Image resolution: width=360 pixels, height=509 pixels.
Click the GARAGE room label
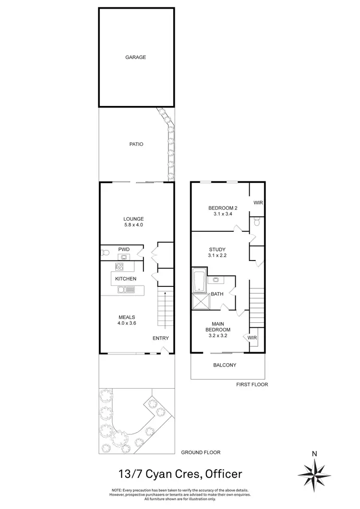[x=135, y=57]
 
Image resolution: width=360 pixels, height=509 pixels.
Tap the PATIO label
[x=135, y=144]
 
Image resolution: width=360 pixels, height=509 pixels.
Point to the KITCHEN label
[x=125, y=279]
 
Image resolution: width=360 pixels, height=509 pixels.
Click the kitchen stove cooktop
[x=120, y=266]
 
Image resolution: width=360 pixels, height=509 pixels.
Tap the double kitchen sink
[x=126, y=289]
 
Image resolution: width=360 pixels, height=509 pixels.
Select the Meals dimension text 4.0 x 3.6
[x=127, y=324]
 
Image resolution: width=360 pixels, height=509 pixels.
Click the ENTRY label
[x=160, y=338]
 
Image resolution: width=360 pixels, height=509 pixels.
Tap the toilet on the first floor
[x=257, y=222]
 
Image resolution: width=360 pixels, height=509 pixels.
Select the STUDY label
[x=217, y=249]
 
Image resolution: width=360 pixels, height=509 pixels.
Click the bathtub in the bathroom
[x=199, y=282]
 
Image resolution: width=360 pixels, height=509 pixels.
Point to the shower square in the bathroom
[x=199, y=301]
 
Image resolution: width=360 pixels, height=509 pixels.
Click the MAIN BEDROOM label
[x=218, y=326]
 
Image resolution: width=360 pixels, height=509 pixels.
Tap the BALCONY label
[x=225, y=365]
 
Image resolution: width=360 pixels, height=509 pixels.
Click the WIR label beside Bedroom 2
[x=258, y=202]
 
